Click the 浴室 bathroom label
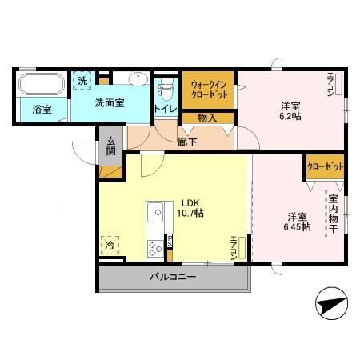pos(42,110)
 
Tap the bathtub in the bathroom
pos(42,83)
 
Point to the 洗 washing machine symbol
pos(82,79)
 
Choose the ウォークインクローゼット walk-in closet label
pos(209,90)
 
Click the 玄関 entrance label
pos(110,148)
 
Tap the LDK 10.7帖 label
pos(191,207)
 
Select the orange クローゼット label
pos(325,168)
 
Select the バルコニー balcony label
pos(173,278)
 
